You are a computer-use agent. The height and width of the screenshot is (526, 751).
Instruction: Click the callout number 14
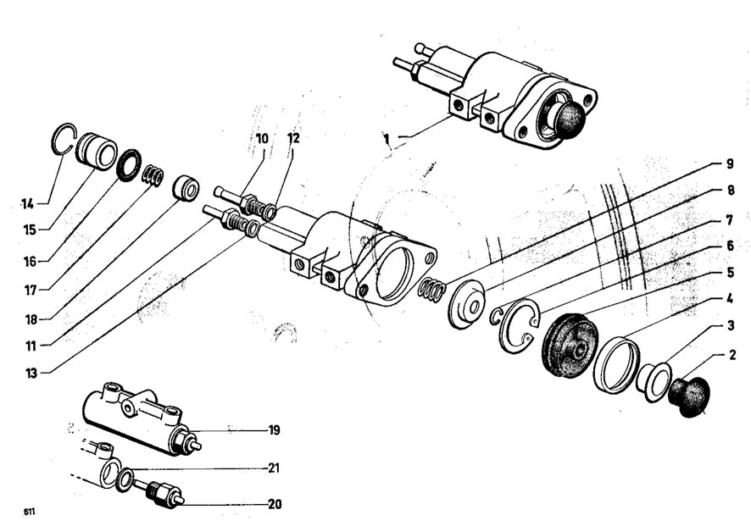(27, 204)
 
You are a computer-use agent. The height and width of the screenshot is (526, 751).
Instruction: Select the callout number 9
(730, 163)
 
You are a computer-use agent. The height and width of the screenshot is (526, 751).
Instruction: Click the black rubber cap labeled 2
(688, 397)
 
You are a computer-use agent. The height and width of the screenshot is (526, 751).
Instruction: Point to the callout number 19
(274, 429)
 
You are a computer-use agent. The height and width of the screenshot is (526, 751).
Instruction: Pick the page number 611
(29, 512)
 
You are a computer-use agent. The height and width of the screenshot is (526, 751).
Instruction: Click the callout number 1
(387, 139)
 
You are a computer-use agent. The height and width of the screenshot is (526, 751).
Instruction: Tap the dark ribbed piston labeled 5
(570, 346)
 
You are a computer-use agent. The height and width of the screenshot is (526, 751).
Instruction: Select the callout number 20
(275, 504)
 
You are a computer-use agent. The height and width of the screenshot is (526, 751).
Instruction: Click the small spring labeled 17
(152, 175)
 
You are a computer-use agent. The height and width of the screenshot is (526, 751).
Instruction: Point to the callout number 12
(293, 138)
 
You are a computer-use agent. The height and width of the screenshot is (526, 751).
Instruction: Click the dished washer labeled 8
(466, 303)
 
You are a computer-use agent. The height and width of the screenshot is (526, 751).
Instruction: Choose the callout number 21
(273, 468)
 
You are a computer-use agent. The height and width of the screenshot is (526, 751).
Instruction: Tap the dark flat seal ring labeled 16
(129, 165)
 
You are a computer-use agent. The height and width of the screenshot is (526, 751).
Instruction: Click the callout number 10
(262, 139)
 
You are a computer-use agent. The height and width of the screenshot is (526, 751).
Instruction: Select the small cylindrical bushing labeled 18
(186, 189)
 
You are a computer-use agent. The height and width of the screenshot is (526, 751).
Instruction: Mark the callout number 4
(730, 298)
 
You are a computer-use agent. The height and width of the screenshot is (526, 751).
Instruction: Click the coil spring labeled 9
(431, 291)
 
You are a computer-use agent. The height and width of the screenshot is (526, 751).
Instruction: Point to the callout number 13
(31, 373)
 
